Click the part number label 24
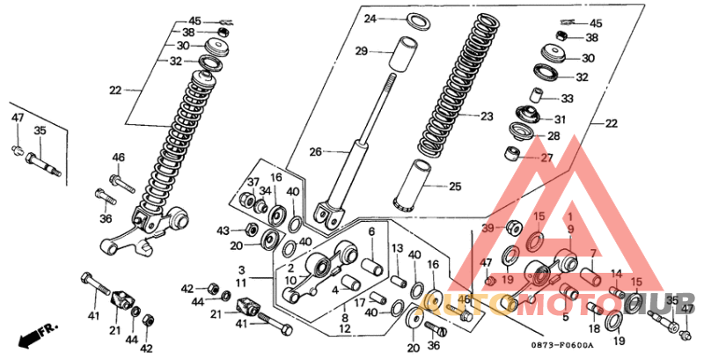pyautogui.click(x=370, y=18)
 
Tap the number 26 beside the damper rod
pyautogui.click(x=315, y=151)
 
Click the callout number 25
pyautogui.click(x=454, y=187)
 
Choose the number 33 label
pyautogui.click(x=566, y=99)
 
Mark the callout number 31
pyautogui.click(x=560, y=120)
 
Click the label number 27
pyautogui.click(x=546, y=158)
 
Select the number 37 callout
pyautogui.click(x=252, y=182)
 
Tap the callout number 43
pyautogui.click(x=224, y=231)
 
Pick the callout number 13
pyautogui.click(x=397, y=248)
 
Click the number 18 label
pyautogui.click(x=594, y=328)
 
